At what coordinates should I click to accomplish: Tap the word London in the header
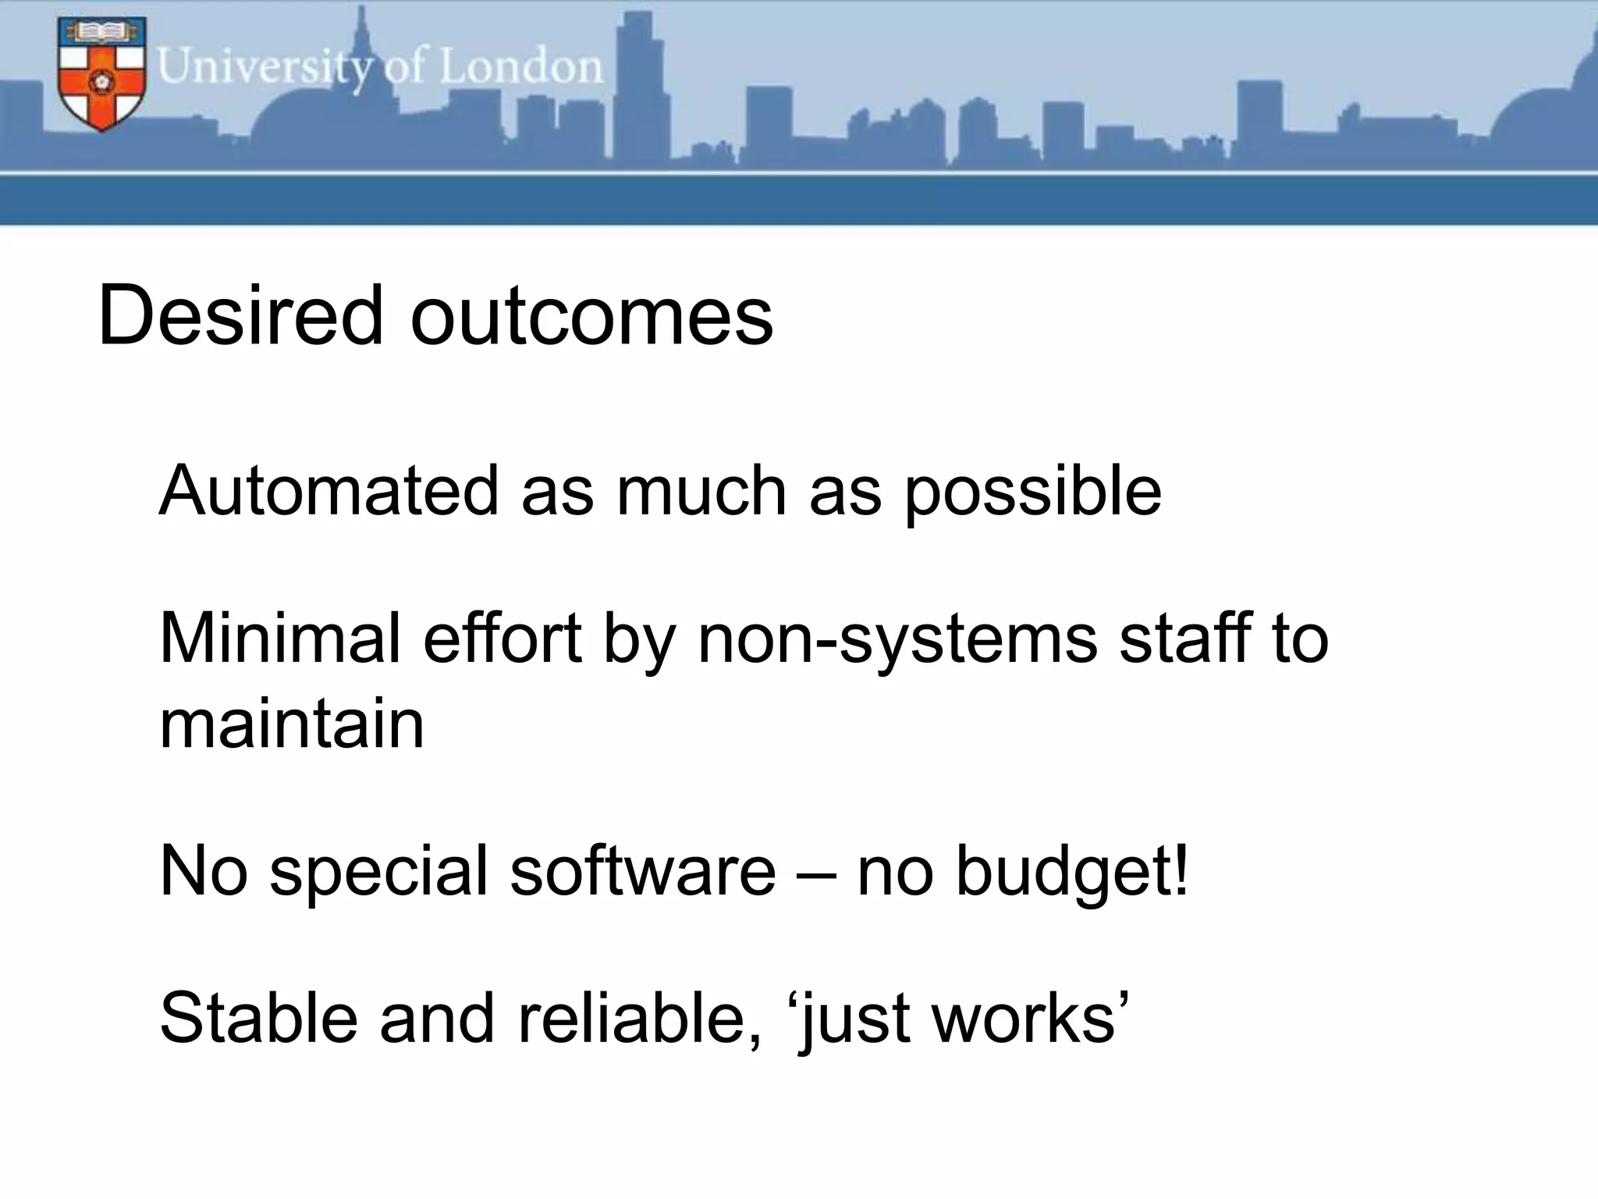pyautogui.click(x=520, y=67)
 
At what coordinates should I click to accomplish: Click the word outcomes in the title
pyautogui.click(x=591, y=317)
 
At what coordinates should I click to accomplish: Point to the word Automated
pyautogui.click(x=328, y=491)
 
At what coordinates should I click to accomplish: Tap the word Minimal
pyautogui.click(x=279, y=638)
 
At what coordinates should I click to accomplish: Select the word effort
pyautogui.click(x=502, y=638)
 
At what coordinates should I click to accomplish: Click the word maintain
pyautogui.click(x=292, y=724)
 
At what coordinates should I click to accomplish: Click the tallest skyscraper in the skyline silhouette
pyautogui.click(x=638, y=86)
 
